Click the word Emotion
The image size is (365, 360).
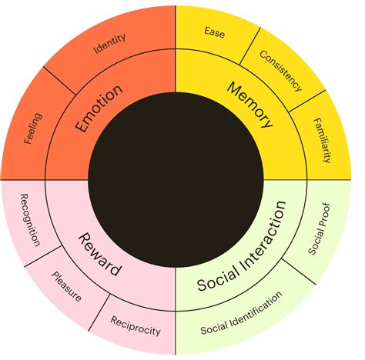click(x=99, y=108)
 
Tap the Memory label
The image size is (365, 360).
click(x=249, y=105)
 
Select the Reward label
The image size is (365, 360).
click(x=99, y=255)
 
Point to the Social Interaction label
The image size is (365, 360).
click(x=242, y=245)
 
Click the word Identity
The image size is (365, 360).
click(x=110, y=43)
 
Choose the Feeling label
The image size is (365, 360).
click(x=33, y=128)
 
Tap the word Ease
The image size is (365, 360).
click(x=215, y=32)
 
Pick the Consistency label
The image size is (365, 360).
click(x=280, y=71)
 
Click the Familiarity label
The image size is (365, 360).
click(x=322, y=140)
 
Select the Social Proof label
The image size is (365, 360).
click(x=319, y=228)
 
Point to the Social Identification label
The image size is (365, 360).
click(x=241, y=313)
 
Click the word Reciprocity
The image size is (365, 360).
click(x=136, y=326)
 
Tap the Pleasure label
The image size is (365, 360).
click(x=67, y=286)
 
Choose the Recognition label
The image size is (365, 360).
click(x=30, y=220)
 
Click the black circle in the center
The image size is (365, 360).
click(x=176, y=180)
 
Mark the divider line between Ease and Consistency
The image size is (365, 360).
click(x=250, y=46)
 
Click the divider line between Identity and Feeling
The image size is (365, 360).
click(x=59, y=81)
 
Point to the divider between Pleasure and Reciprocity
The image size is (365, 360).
click(x=99, y=312)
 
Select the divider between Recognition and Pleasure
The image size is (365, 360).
click(x=43, y=256)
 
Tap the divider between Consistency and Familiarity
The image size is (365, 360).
click(x=307, y=101)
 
